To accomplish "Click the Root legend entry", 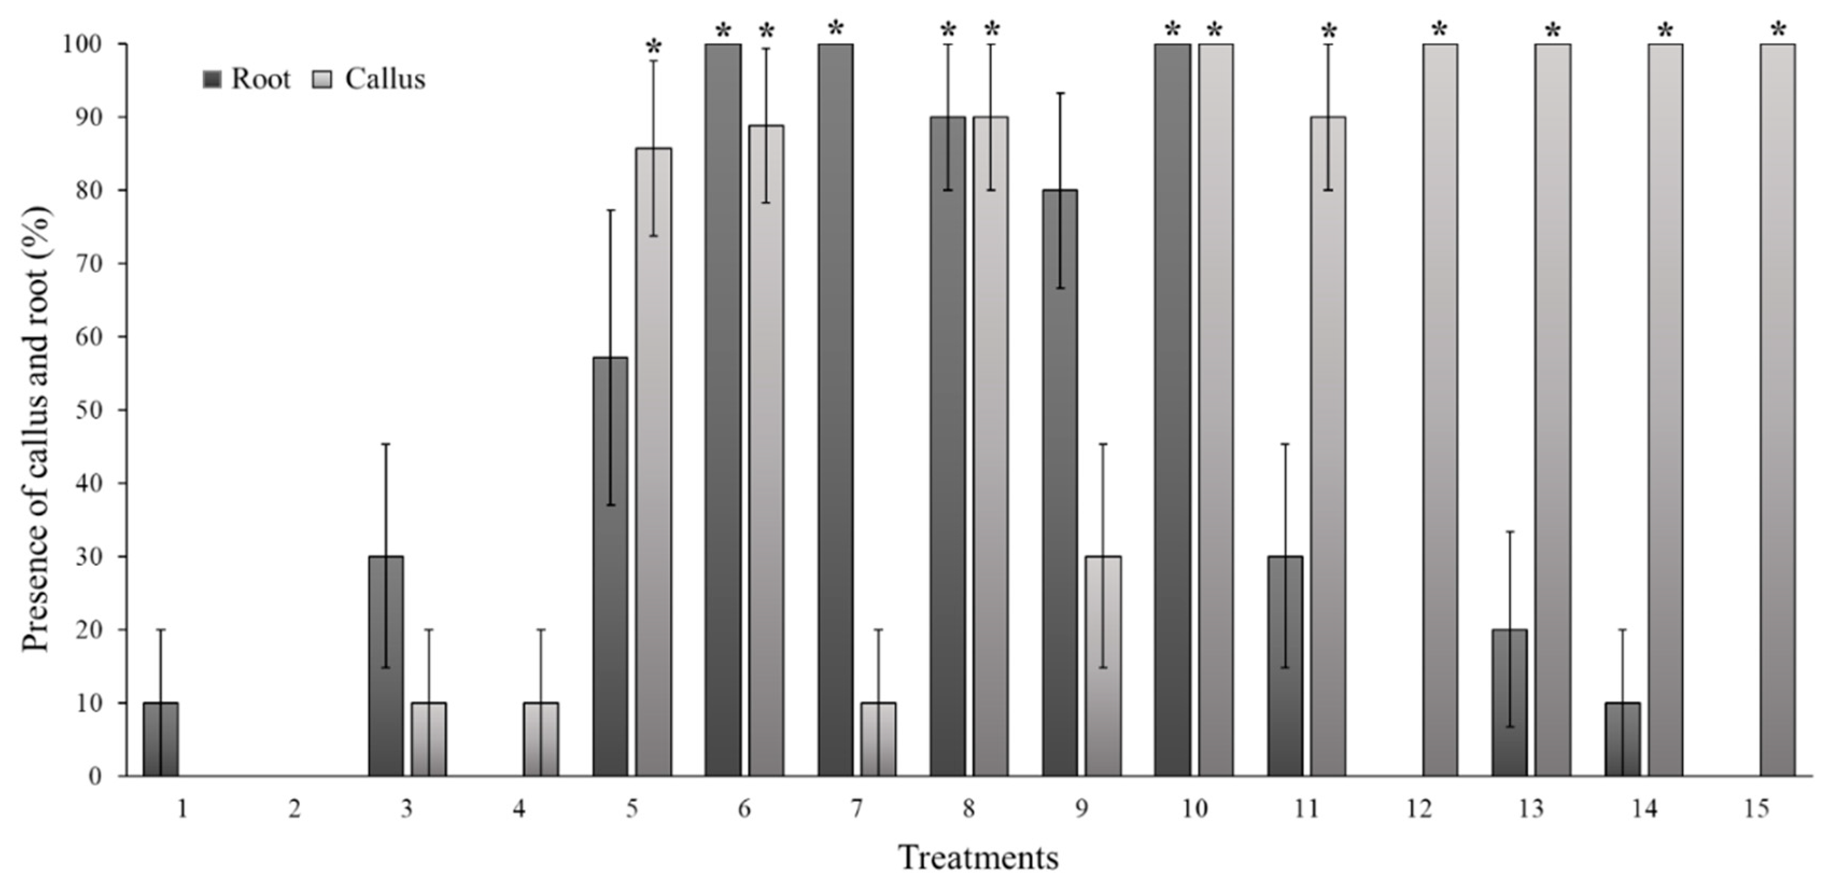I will click(x=247, y=79).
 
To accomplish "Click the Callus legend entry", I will click(x=369, y=79).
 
